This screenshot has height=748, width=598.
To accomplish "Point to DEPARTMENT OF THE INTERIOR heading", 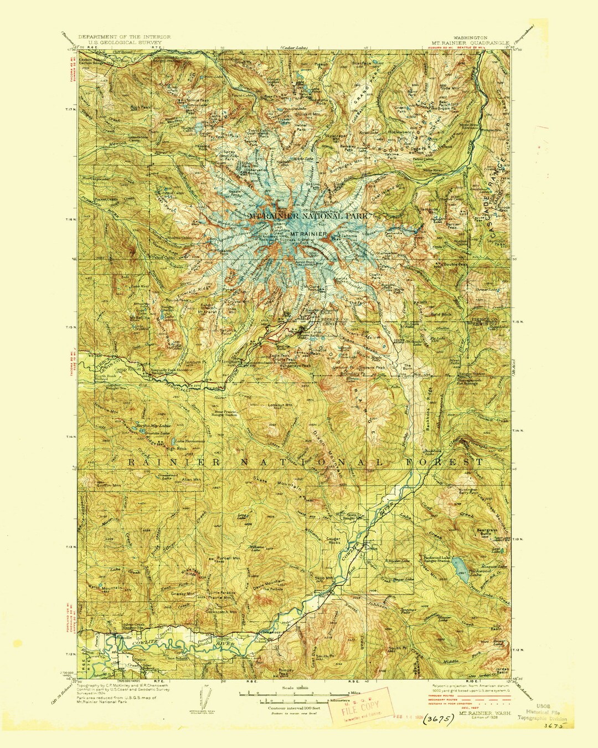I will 124,37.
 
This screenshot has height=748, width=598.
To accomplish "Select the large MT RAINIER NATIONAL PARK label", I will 307,216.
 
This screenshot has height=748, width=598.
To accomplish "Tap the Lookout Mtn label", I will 280,405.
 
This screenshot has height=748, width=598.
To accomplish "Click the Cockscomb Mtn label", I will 221,612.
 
